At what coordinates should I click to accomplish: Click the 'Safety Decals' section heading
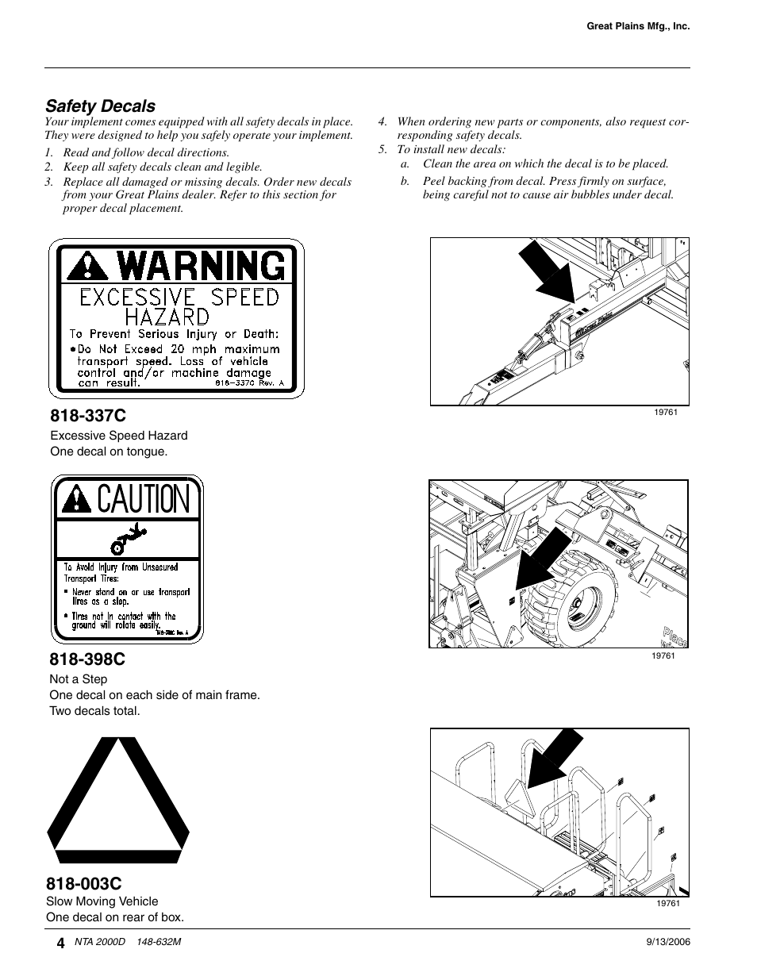[100, 106]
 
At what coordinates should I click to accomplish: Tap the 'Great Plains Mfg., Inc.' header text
[638, 26]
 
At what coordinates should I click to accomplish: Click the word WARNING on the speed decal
[202, 266]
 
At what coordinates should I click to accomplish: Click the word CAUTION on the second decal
[144, 500]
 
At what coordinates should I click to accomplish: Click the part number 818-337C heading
[87, 416]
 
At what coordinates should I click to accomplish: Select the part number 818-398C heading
[87, 659]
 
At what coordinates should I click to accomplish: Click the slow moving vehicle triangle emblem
[118, 801]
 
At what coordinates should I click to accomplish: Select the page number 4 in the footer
[60, 943]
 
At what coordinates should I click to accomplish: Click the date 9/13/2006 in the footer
[669, 942]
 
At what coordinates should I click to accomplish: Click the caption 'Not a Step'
[78, 679]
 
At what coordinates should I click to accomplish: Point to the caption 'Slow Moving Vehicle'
[102, 901]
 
